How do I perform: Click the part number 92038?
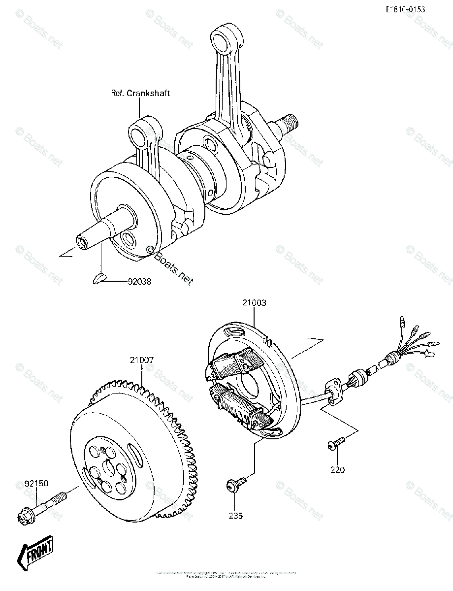(x=139, y=282)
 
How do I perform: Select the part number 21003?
(x=254, y=303)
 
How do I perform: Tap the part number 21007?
(x=142, y=360)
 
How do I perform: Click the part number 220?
(x=338, y=470)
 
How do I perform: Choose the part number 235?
(x=235, y=516)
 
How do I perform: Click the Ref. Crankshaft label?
(x=140, y=93)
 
